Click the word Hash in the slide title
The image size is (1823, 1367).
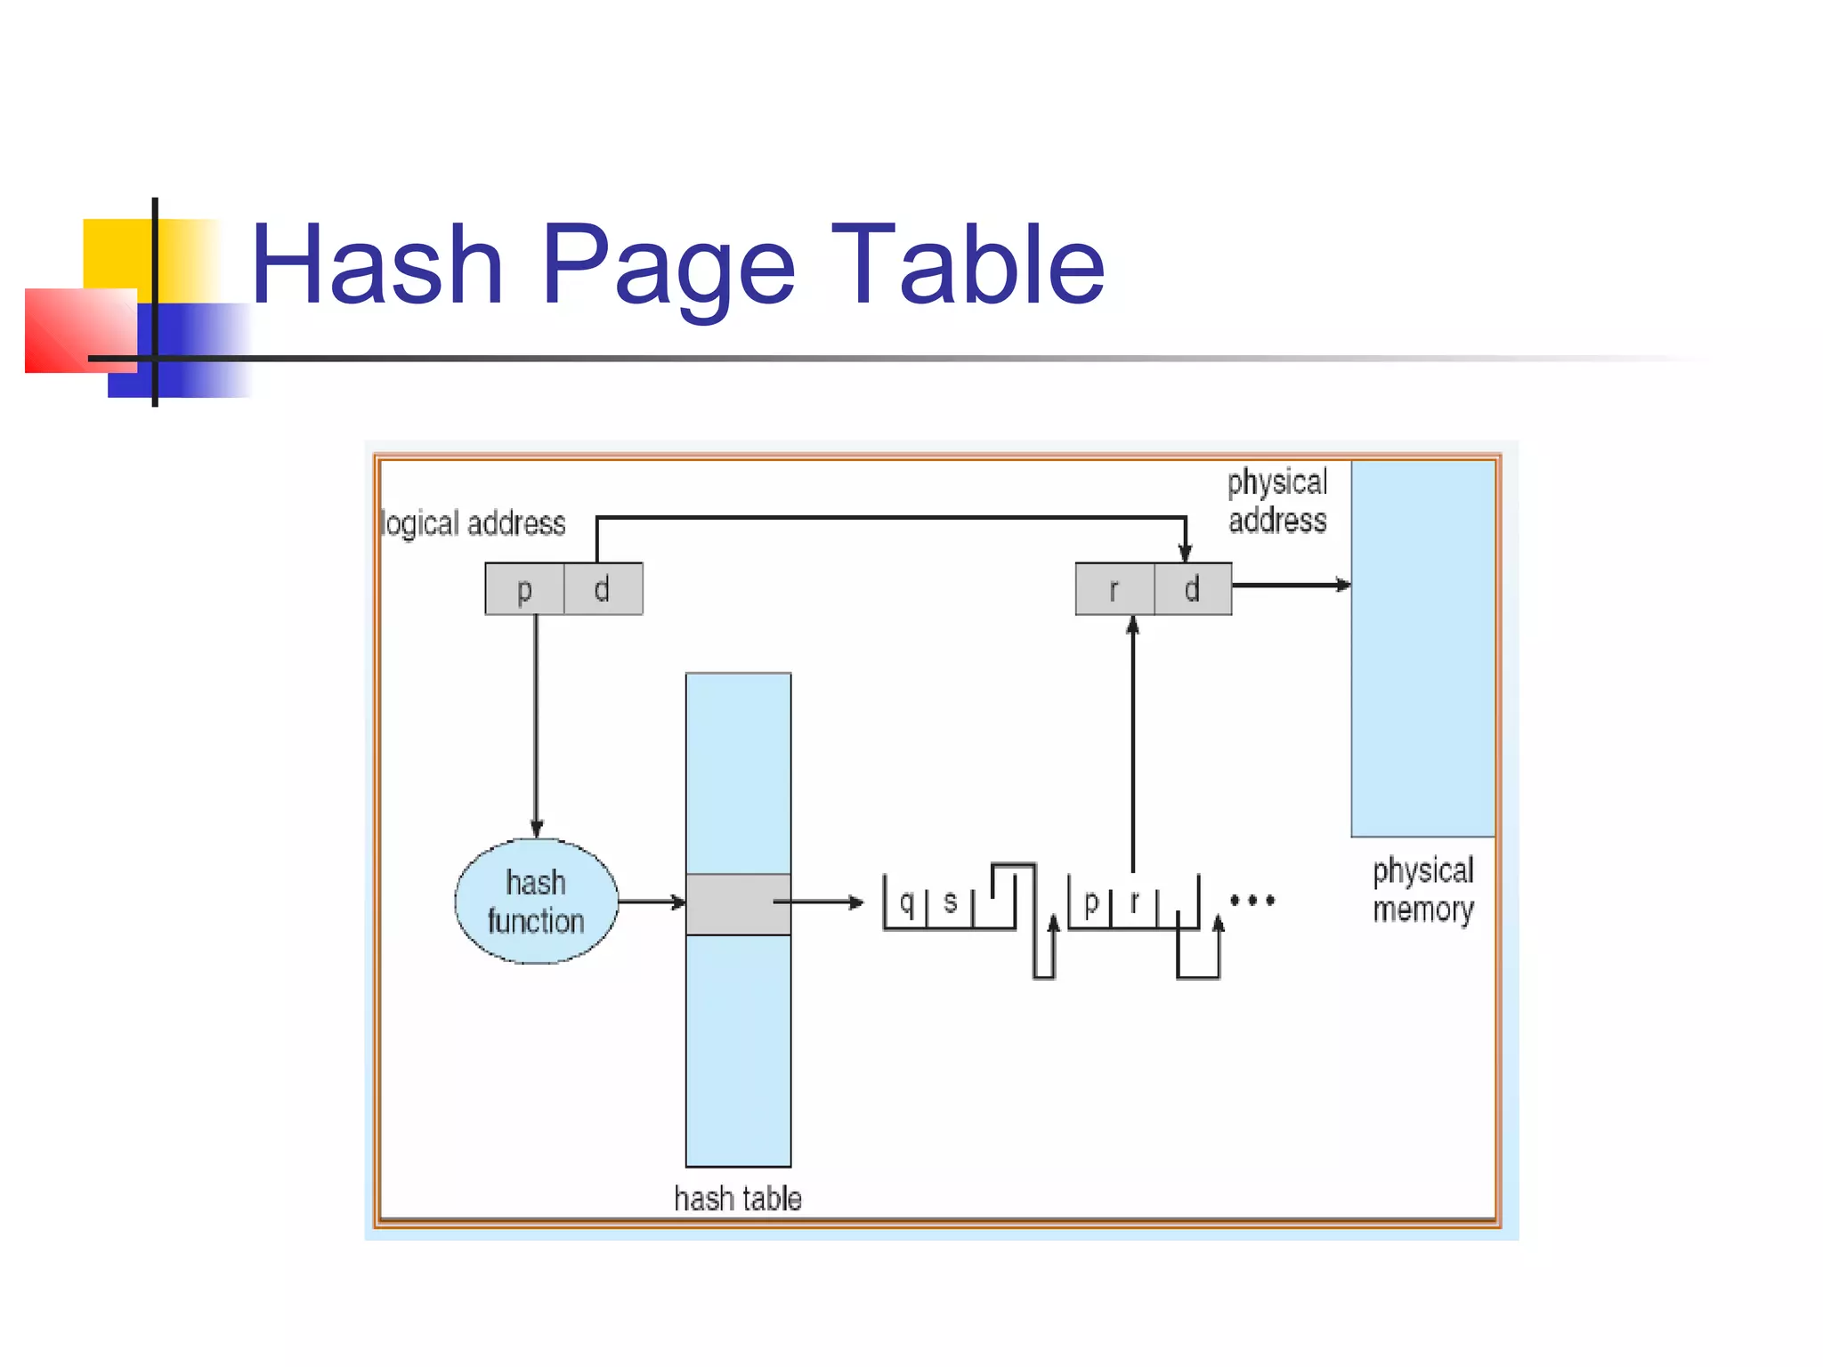377,265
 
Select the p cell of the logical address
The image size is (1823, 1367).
524,589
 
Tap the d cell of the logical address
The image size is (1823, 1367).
603,589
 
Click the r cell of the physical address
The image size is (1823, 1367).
1114,589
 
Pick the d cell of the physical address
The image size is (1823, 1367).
1193,589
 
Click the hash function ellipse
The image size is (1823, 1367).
536,902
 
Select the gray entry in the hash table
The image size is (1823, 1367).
738,904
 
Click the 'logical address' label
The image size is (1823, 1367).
474,523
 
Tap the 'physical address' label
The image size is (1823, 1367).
1277,501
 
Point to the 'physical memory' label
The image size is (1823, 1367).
1422,890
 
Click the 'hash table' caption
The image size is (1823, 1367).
738,1199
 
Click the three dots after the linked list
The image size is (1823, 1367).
1252,901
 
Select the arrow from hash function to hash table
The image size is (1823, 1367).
652,902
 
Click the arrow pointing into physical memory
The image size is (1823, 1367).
1291,585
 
